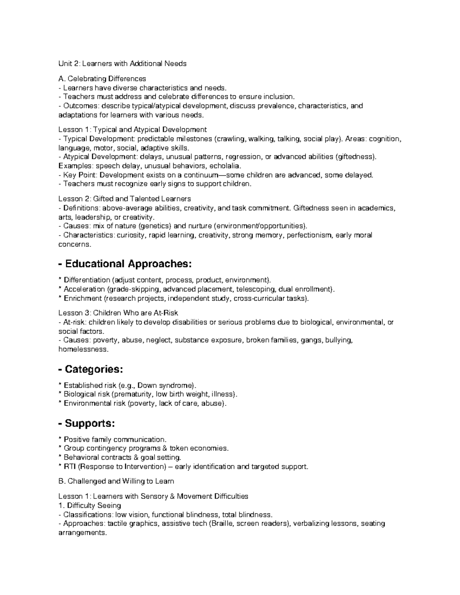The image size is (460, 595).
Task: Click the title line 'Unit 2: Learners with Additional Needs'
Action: (x=122, y=64)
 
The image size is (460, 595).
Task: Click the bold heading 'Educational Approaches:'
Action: (x=128, y=264)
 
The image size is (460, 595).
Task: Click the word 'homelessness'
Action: (x=83, y=349)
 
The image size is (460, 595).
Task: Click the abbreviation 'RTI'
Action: (x=70, y=467)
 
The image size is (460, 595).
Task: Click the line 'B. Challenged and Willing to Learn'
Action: (x=116, y=481)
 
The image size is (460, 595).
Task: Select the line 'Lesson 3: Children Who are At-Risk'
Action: (x=118, y=313)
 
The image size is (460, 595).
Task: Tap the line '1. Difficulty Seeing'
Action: (x=89, y=505)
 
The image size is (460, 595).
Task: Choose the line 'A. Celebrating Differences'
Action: (x=102, y=79)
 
